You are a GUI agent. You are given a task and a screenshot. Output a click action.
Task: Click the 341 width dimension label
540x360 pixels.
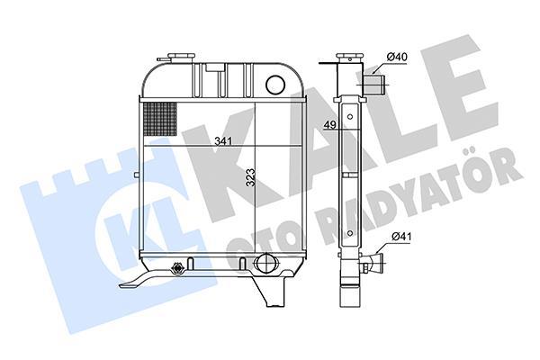[x=223, y=141]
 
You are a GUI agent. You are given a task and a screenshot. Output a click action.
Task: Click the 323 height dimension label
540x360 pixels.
[x=251, y=177]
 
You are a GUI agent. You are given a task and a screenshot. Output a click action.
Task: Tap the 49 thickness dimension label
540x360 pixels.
[x=329, y=125]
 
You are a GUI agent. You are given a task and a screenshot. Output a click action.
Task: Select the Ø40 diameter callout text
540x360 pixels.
[x=397, y=57]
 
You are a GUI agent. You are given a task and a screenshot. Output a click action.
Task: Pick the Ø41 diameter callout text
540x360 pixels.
[x=401, y=237]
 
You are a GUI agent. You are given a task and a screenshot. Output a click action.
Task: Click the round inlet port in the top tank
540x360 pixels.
[x=275, y=84]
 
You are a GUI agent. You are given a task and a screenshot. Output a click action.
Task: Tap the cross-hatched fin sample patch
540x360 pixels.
[x=160, y=119]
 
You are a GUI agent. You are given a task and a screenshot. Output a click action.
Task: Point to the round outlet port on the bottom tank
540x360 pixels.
[x=264, y=263]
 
